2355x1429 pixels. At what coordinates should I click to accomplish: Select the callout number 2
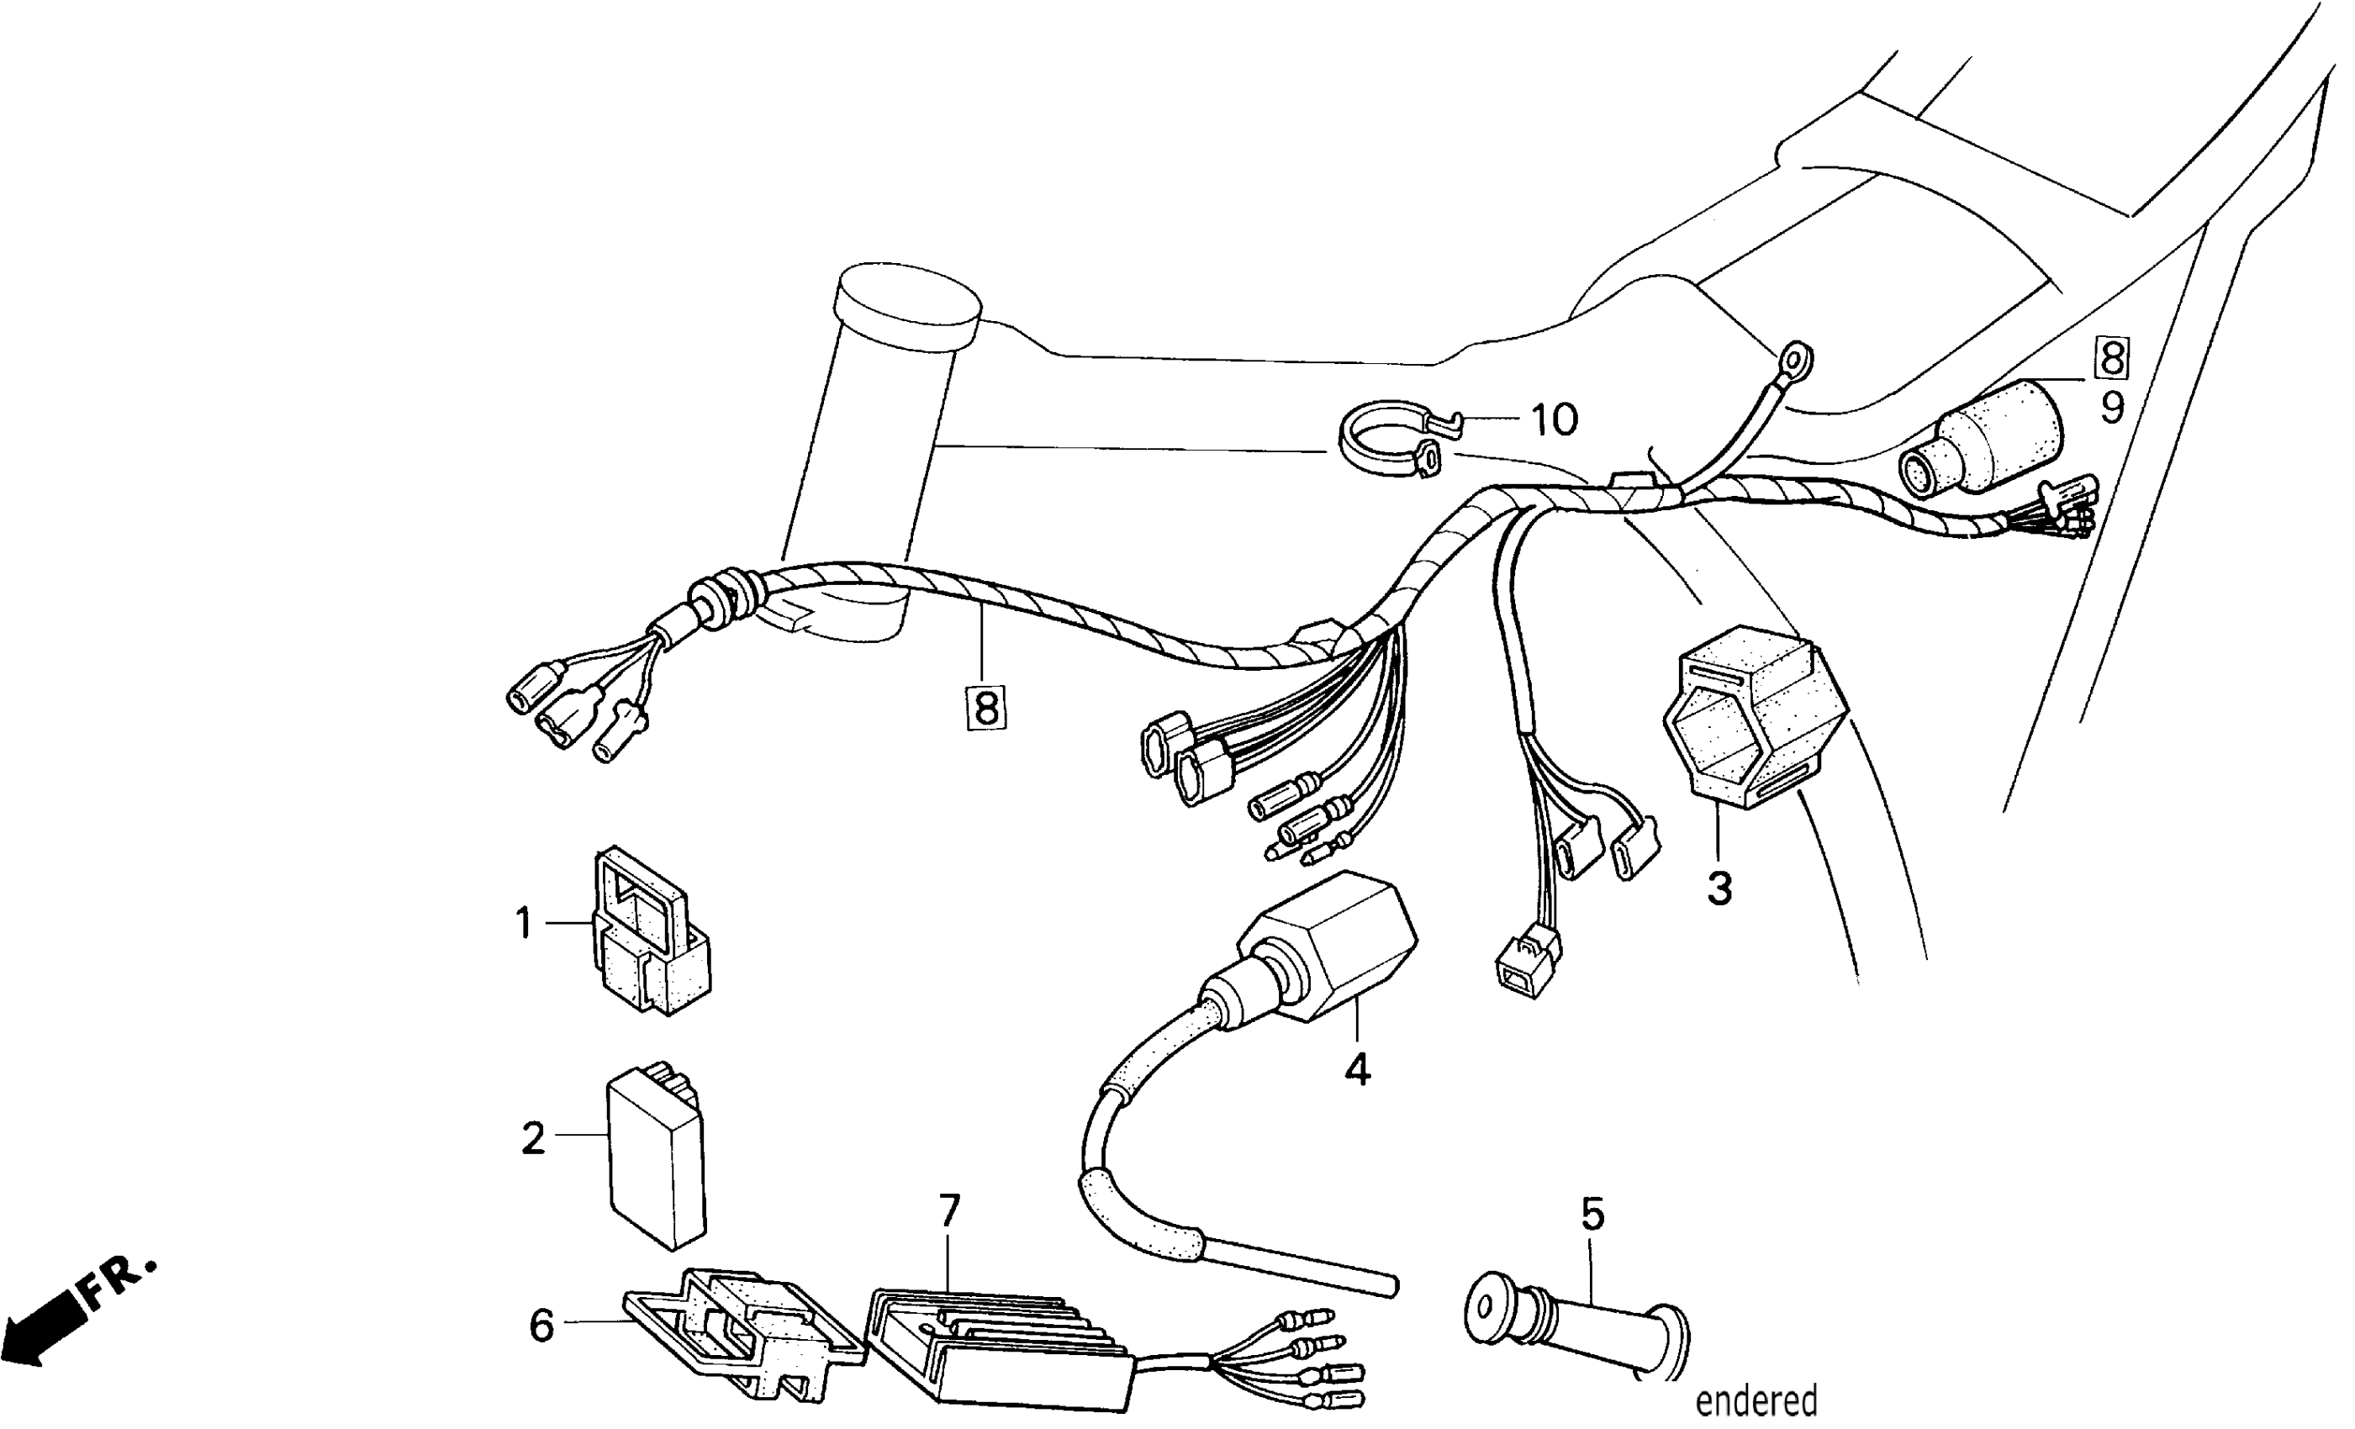pos(532,1138)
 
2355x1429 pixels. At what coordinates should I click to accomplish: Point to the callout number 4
pos(1357,1069)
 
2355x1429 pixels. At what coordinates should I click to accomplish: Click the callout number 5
pos(1592,1215)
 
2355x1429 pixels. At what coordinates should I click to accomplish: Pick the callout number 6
pos(541,1326)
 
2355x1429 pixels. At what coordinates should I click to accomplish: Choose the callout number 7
pos(948,1211)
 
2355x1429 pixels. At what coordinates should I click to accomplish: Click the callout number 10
pos(1554,420)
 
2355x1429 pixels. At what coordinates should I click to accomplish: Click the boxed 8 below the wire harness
pos(985,709)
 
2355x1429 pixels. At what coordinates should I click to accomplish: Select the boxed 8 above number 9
pos(2112,358)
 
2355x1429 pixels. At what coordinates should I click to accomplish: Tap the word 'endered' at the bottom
pos(1756,1401)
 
